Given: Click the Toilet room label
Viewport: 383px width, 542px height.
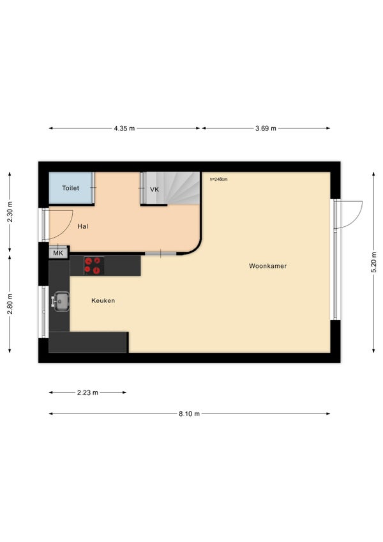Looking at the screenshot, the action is (x=70, y=188).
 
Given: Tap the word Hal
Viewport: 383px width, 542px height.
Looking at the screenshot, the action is (x=83, y=226).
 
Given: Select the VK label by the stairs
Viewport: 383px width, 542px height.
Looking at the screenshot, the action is (x=154, y=189).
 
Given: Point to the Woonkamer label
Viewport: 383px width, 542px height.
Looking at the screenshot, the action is (x=267, y=266).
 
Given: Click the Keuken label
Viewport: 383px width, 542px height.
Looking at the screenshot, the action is (x=103, y=301).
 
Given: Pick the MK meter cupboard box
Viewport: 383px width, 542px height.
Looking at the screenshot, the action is (x=58, y=253).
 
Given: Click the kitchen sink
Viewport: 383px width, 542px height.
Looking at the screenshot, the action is (x=61, y=302).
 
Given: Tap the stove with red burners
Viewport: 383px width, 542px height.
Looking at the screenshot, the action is (x=94, y=266).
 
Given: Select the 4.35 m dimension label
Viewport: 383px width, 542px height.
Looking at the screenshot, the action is (x=124, y=128).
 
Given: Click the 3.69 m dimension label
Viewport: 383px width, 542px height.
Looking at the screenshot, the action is (x=266, y=128).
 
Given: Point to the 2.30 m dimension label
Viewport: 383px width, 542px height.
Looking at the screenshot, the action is (x=10, y=212).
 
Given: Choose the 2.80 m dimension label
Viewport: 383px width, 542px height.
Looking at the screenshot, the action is (x=10, y=304).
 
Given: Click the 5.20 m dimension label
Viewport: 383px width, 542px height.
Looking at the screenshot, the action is (x=373, y=262).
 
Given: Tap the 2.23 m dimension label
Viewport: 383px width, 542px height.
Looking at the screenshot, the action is (x=87, y=392).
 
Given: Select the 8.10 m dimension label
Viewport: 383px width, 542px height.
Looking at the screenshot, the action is (x=189, y=414).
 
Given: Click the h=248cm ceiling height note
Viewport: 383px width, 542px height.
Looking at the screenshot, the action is (x=218, y=180).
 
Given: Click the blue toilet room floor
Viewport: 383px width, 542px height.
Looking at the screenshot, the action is (x=71, y=188).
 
